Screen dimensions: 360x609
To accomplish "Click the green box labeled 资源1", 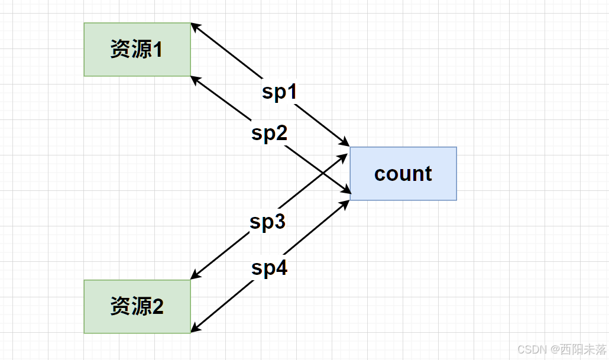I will tap(137, 50).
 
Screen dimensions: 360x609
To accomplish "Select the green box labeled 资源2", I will tap(137, 307).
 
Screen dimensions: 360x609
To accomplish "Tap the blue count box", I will tap(403, 174).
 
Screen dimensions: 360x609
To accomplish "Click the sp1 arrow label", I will tap(279, 92).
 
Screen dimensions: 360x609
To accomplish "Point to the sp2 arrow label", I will tap(269, 134).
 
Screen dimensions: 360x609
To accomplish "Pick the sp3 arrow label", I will tap(267, 222).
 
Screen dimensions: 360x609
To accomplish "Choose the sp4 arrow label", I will tap(269, 268).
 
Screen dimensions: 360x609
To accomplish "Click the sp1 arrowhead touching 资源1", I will tap(196, 27).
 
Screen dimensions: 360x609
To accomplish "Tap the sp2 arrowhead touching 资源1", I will tap(196, 79).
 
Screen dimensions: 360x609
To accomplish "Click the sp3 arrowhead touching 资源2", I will tap(196, 275).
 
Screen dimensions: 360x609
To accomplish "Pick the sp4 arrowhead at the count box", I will tap(345, 203).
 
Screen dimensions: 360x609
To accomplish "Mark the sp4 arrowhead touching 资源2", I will tap(196, 328).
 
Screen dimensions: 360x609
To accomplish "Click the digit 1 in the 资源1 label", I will tap(158, 50).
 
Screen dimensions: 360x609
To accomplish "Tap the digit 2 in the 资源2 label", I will tap(158, 307).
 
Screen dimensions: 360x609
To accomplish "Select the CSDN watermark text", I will tap(531, 349).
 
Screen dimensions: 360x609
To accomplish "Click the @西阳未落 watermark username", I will tap(578, 349).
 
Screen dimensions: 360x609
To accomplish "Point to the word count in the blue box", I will tap(403, 174).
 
